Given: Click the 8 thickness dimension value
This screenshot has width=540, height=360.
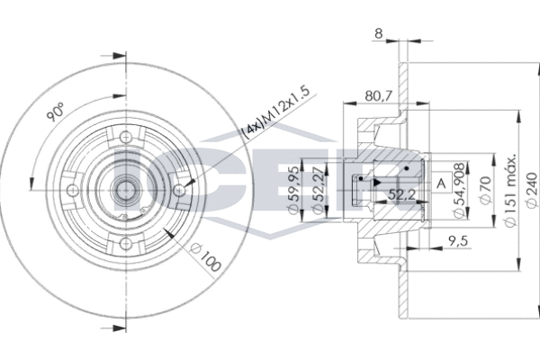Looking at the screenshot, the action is [x=379, y=34].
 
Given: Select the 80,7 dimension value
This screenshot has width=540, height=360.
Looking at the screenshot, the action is [x=379, y=96].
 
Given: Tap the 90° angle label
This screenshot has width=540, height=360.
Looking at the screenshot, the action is [x=56, y=112].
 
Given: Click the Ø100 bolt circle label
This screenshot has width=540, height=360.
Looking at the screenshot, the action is [x=206, y=257].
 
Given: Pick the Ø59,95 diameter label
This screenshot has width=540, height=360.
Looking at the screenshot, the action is [x=293, y=190].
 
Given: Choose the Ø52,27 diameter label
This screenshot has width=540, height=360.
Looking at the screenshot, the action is [x=319, y=190].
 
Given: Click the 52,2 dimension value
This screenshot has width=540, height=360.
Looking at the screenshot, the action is [x=401, y=195].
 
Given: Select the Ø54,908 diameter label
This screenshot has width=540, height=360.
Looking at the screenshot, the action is [x=460, y=190].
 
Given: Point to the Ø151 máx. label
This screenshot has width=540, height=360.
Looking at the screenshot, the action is [x=509, y=190].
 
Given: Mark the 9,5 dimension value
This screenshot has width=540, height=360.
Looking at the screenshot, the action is [x=459, y=241].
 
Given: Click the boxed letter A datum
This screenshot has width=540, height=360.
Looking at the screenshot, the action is [x=441, y=182].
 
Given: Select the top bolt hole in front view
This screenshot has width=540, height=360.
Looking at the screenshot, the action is [x=126, y=138].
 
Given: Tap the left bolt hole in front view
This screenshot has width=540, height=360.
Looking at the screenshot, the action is [x=73, y=190].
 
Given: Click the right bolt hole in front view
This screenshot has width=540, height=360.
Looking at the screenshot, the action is [x=179, y=190].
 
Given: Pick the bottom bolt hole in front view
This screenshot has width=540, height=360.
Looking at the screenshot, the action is [x=126, y=243].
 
